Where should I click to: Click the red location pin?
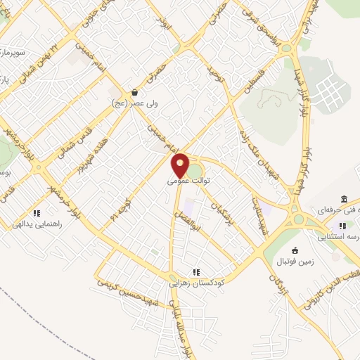tap(180, 165)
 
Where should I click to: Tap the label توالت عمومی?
tap(189, 180)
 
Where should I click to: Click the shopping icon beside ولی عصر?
tap(134, 92)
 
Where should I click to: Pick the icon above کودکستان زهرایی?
tap(197, 271)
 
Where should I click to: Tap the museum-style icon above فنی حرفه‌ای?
tap(344, 199)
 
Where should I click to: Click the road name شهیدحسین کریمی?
tap(129, 288)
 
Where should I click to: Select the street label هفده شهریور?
tap(85, 157)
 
